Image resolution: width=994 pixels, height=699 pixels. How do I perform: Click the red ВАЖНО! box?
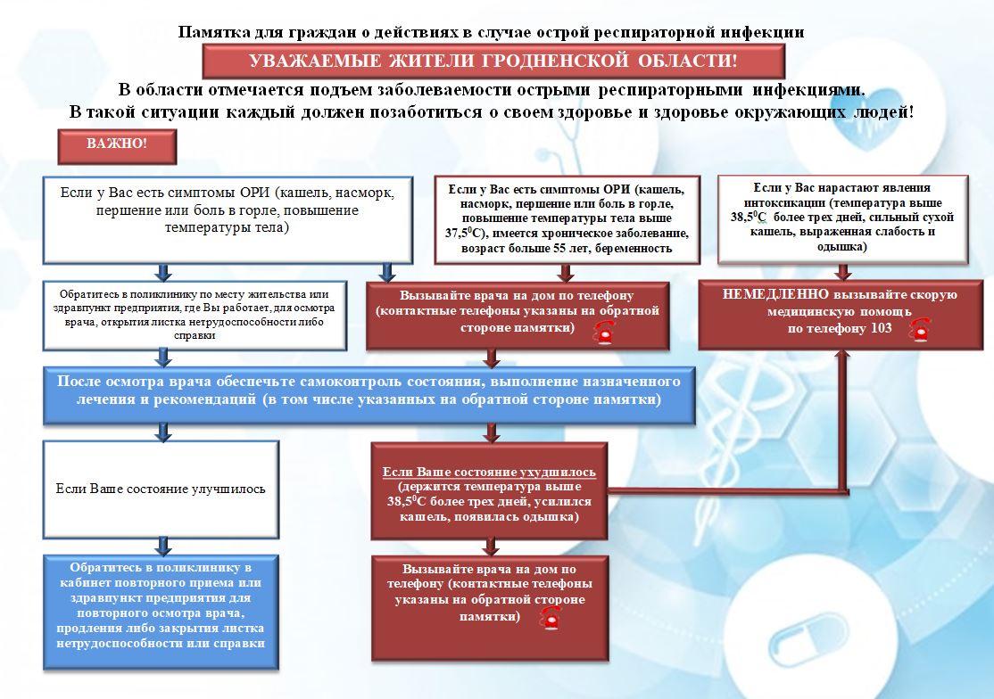tap(117, 146)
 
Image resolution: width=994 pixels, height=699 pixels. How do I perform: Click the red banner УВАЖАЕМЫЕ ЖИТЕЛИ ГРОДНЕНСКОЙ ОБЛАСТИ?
tap(493, 62)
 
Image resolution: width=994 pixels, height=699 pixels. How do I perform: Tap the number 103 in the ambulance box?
tap(882, 328)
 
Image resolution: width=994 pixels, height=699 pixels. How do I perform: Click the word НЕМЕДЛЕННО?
tap(775, 294)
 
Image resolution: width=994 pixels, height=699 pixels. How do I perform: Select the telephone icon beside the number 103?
tap(919, 330)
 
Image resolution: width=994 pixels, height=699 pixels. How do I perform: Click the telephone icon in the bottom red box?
tap(551, 617)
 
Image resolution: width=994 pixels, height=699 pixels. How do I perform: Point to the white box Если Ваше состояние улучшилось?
tap(161, 489)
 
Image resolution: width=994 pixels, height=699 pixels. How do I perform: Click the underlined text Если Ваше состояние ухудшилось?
tap(489, 473)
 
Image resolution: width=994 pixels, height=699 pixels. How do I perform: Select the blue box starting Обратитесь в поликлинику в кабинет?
tap(161, 613)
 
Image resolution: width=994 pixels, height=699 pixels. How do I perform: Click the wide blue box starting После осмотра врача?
tap(369, 395)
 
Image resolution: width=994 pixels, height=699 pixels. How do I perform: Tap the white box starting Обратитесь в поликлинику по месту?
tap(195, 316)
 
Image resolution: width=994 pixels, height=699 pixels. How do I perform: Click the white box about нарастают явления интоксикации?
tap(842, 219)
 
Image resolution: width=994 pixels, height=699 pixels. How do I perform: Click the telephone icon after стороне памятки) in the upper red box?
tap(604, 332)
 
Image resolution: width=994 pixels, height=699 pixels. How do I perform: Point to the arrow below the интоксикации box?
tap(842, 272)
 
